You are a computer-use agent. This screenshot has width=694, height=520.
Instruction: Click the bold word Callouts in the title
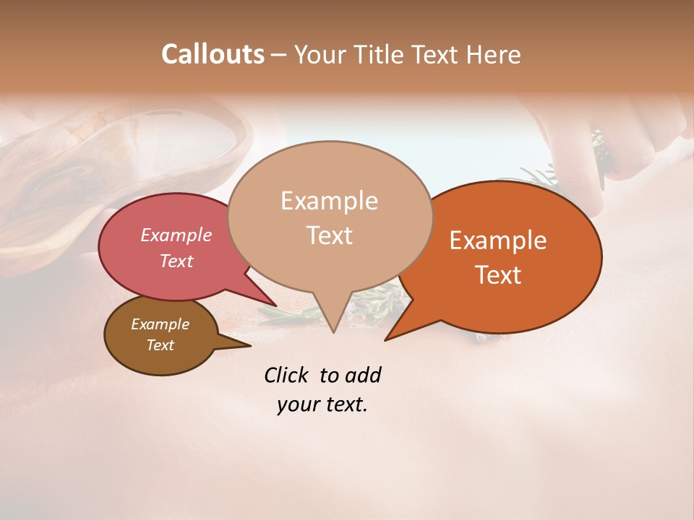click(213, 54)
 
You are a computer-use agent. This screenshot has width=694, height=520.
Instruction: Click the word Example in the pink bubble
click(176, 235)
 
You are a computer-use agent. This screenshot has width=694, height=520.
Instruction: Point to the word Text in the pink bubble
click(176, 261)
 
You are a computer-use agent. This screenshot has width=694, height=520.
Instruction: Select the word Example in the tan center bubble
click(329, 201)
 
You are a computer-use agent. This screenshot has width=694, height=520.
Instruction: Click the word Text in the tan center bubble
click(329, 235)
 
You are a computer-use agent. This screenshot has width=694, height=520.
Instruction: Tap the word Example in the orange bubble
click(498, 240)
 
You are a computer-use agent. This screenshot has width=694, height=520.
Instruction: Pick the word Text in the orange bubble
click(498, 275)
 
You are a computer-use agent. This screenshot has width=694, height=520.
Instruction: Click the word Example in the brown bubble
click(160, 324)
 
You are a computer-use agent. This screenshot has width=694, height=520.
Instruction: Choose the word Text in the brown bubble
click(160, 345)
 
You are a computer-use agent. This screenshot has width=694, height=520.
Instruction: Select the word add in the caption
click(363, 376)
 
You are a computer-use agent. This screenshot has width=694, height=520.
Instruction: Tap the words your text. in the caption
click(322, 404)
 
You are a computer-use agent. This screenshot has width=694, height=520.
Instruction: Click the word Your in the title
click(320, 54)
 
